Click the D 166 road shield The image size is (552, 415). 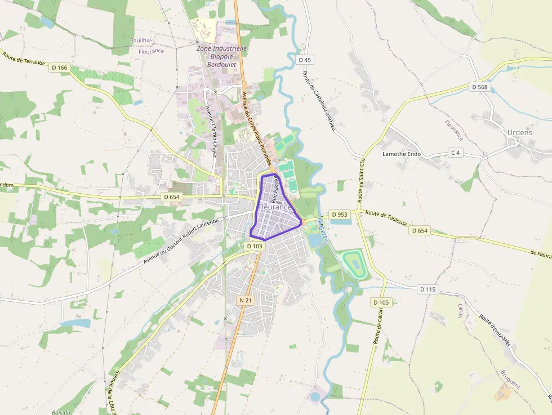point(59,68)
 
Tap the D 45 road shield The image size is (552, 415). point(305,60)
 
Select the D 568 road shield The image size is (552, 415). point(480,87)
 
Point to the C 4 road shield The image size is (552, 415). point(455,153)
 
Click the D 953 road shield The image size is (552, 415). point(340,214)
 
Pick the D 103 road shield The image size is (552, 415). point(255,246)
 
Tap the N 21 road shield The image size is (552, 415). point(245,301)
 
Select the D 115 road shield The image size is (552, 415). point(428,289)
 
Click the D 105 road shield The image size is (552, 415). point(381,302)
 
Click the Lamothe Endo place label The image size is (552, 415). point(402,154)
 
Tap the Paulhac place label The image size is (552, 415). point(141,40)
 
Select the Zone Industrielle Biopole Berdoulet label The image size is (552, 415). point(222,56)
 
